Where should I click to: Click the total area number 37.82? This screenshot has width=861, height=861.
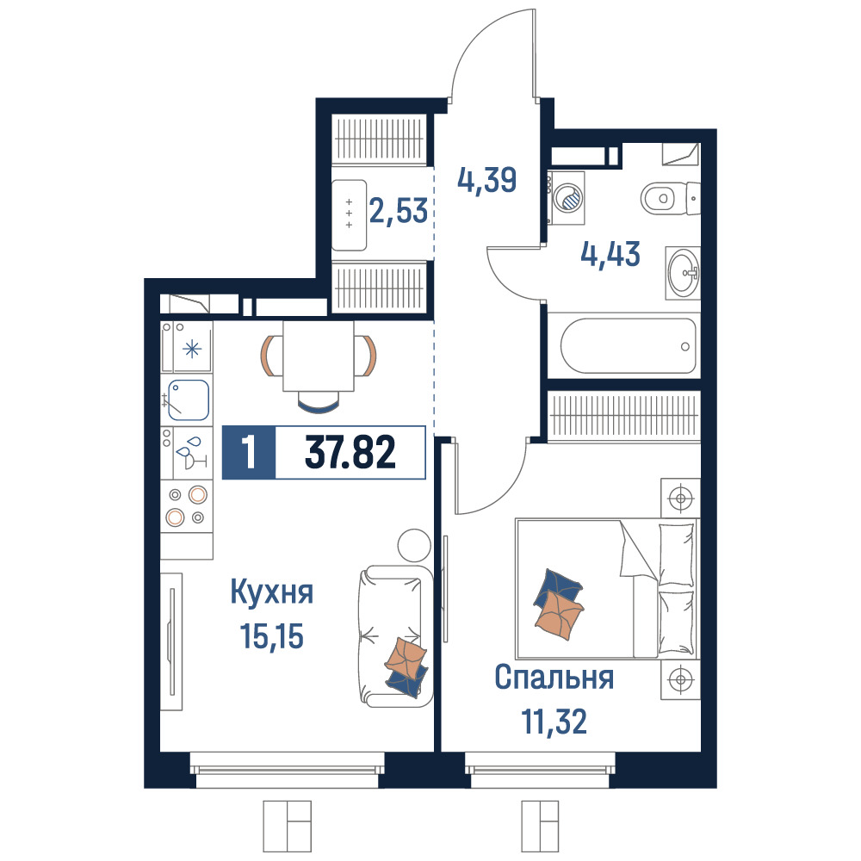(x=350, y=453)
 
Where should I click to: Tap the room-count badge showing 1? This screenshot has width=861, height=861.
(x=249, y=453)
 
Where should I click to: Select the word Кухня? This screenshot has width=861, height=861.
(x=272, y=593)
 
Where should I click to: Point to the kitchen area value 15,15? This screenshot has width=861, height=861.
(x=272, y=636)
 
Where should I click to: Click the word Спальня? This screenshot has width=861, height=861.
(x=554, y=678)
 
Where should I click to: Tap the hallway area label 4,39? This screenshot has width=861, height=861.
(x=487, y=180)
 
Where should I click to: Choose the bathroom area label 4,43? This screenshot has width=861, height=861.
(x=610, y=254)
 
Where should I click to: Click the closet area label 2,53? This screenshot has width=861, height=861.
(x=399, y=210)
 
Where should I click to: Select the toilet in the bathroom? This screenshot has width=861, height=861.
(x=671, y=198)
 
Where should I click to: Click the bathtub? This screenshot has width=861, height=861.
(x=629, y=346)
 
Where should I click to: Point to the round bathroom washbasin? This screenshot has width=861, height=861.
(x=684, y=273)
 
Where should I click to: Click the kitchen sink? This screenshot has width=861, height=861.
(x=189, y=400)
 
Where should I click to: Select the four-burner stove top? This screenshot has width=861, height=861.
(x=187, y=506)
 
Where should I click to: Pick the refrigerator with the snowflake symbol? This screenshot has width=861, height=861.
(x=187, y=347)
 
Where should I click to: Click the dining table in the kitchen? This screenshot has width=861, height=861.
(x=319, y=356)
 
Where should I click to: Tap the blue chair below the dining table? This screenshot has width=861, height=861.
(x=319, y=402)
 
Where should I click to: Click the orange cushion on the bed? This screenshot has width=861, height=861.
(x=559, y=615)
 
